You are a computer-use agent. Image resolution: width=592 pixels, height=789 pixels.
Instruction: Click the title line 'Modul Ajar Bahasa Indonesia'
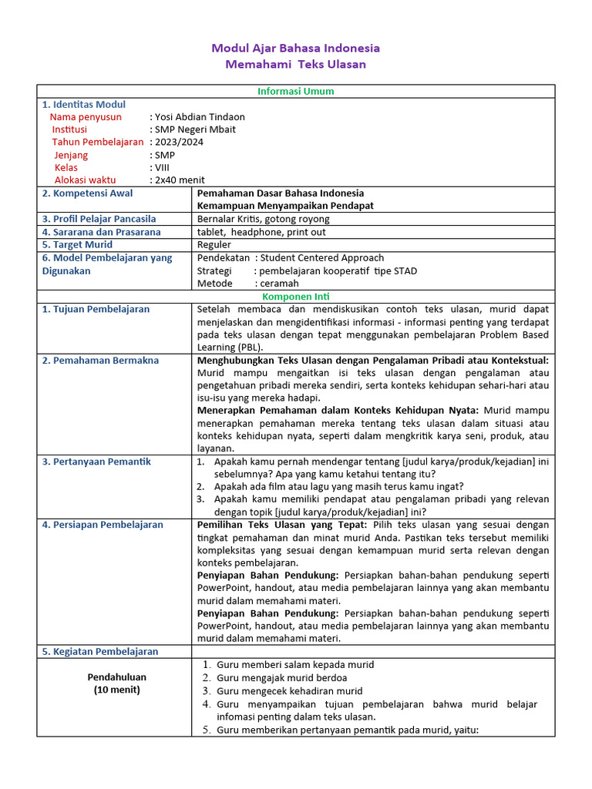coord(295,48)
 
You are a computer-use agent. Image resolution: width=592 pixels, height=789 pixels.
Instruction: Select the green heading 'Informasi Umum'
coord(295,91)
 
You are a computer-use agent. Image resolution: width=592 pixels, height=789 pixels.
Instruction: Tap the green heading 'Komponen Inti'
coord(295,296)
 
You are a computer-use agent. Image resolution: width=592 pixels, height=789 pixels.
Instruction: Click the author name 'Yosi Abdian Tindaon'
coord(200,117)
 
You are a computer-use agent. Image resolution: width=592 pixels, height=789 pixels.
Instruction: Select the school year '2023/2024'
coord(180,142)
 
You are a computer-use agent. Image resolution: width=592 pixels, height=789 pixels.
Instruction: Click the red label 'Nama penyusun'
coord(86,117)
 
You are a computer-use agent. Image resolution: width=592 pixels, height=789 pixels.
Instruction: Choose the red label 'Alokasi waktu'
coord(85,180)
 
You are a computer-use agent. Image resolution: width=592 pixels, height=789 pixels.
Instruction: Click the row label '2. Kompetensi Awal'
coord(87,193)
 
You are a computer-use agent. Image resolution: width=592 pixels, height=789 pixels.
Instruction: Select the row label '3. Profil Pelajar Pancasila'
coord(99,219)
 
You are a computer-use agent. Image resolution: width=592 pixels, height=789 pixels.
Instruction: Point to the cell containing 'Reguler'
coord(214,245)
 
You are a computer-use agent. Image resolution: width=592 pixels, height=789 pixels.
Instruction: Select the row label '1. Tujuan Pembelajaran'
coord(96,309)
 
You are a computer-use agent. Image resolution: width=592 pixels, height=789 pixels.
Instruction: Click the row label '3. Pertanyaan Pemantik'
coord(96,462)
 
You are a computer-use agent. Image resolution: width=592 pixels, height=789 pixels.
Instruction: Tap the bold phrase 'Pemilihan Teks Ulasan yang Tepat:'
coord(284,525)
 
